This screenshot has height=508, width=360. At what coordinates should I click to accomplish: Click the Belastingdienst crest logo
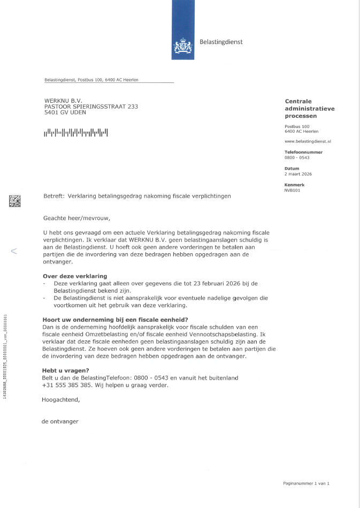[183, 48]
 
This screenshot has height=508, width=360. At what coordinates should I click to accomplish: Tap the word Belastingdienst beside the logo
[221, 42]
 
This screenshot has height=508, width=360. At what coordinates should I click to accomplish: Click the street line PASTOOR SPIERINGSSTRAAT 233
[91, 107]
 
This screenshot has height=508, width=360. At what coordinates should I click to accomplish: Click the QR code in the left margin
[15, 201]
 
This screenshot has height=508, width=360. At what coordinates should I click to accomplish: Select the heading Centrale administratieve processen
[309, 108]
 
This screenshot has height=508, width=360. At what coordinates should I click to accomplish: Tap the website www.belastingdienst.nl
[308, 141]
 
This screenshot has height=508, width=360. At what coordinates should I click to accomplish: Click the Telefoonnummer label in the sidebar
[303, 152]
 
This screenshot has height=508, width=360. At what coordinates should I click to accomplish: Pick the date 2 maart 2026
[298, 174]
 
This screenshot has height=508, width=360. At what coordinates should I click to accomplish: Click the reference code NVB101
[293, 190]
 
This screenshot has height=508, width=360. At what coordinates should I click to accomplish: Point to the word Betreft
[53, 196]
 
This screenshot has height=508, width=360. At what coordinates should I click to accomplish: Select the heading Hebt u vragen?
[65, 370]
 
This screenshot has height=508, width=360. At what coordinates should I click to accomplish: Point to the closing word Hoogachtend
[60, 399]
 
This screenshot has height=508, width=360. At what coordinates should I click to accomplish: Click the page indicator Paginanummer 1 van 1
[306, 483]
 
